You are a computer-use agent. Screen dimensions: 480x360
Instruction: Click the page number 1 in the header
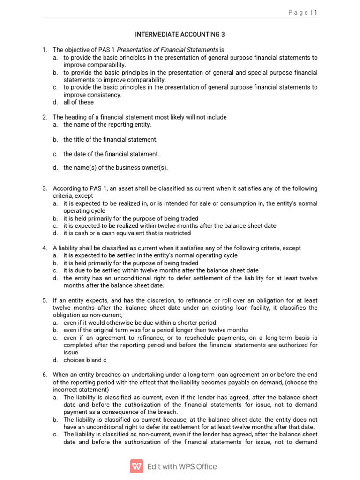316,13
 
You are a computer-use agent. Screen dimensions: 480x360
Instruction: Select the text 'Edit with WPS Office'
182,466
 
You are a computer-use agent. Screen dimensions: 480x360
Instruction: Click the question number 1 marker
45,50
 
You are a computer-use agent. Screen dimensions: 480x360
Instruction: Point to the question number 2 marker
45,117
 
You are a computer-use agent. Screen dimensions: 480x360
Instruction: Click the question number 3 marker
45,188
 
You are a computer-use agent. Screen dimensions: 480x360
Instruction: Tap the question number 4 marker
45,248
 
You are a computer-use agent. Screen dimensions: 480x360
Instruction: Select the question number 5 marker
45,300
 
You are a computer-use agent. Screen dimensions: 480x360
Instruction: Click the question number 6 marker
45,375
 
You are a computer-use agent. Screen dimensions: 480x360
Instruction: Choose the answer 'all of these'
78,102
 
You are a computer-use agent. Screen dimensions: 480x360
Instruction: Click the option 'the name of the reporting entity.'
107,125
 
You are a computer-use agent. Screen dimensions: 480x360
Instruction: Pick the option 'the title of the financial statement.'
110,140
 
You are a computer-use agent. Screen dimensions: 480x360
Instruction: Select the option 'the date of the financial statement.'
111,154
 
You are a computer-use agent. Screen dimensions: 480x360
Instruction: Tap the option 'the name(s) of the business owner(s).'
115,168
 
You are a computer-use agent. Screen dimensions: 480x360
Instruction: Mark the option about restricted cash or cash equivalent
127,233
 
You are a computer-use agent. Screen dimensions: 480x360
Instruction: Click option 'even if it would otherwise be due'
140,322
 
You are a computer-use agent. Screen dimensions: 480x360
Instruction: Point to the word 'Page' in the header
298,13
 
